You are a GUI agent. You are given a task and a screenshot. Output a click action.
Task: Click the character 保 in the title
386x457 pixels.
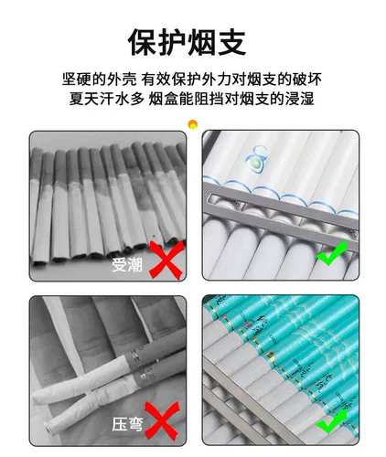[144, 42]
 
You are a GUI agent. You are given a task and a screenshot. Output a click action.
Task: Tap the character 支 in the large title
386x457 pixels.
[232, 42]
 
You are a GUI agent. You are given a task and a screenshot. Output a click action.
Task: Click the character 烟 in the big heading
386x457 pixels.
[202, 42]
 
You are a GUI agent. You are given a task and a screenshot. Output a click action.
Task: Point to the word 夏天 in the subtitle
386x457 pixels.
[84, 99]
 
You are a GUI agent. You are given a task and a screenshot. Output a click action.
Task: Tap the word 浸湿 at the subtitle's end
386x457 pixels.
[299, 99]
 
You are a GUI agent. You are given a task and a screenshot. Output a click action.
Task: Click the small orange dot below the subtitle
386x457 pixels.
[193, 124]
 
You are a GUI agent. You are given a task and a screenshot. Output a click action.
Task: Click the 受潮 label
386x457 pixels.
[127, 265]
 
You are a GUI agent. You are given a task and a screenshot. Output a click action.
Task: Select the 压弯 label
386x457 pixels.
[127, 424]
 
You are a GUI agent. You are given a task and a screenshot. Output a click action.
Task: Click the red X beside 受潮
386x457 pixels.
[166, 260]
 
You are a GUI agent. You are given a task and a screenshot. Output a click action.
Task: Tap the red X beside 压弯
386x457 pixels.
[162, 420]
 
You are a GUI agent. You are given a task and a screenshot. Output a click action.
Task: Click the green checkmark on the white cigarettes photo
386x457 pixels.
[332, 254]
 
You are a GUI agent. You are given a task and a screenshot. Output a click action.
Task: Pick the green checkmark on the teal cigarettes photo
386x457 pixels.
[332, 421]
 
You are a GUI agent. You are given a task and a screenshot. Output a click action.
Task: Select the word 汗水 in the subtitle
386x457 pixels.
[114, 99]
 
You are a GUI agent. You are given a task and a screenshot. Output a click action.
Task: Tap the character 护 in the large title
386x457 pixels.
[173, 42]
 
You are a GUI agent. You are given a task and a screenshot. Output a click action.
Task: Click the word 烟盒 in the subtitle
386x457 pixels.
[164, 99]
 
